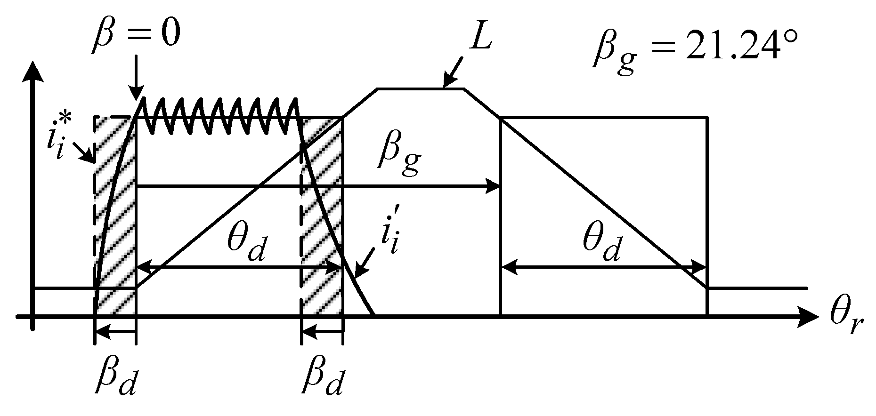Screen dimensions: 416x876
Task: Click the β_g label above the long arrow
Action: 398,159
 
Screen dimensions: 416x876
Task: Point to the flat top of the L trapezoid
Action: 420,88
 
